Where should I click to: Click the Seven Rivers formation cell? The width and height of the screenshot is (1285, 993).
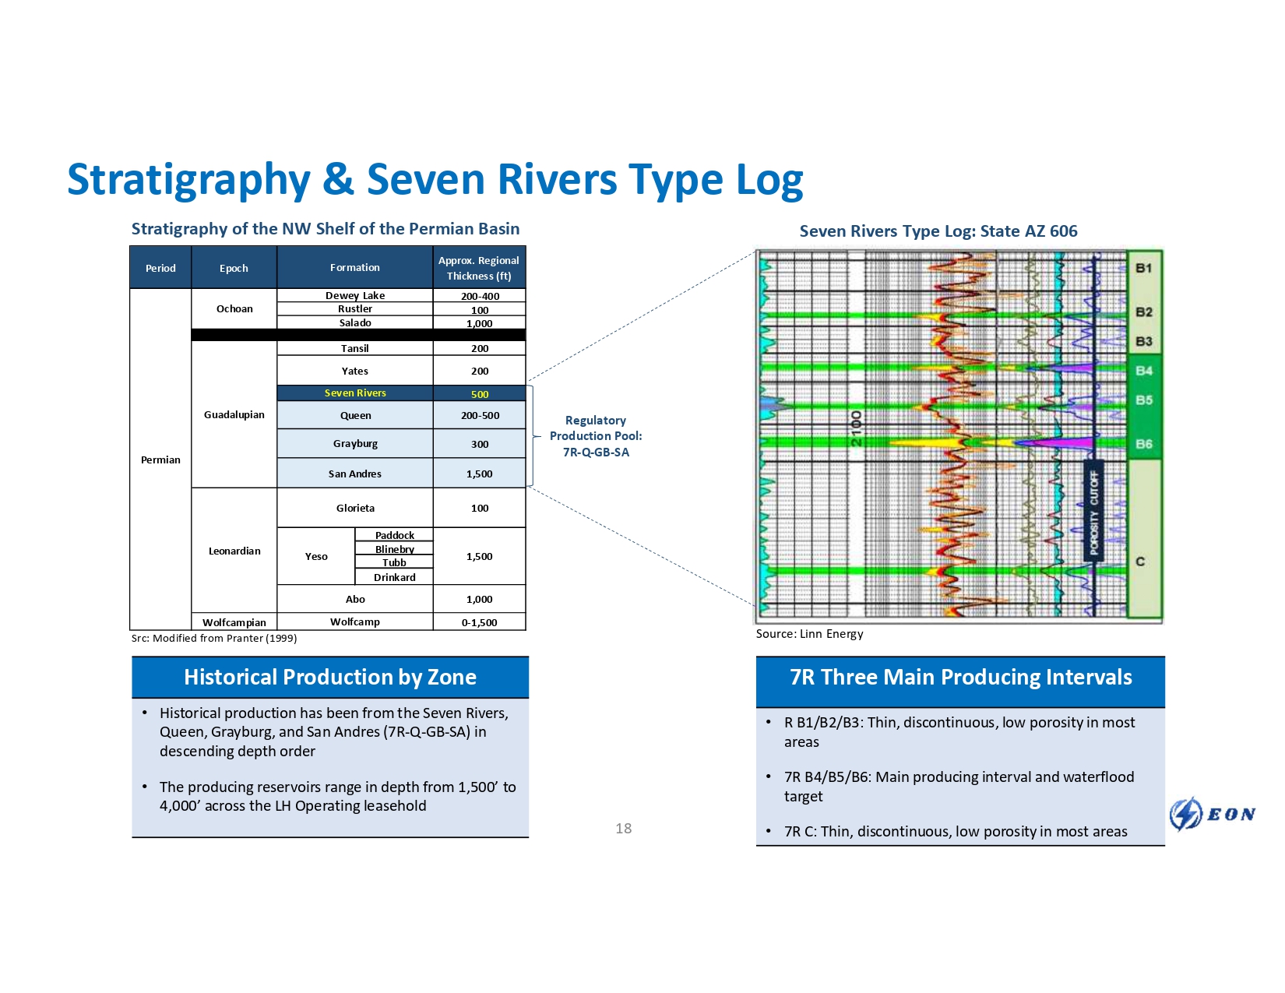(x=355, y=393)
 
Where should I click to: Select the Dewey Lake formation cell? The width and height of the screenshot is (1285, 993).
(x=355, y=296)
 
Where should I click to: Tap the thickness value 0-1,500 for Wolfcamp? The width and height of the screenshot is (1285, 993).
(x=479, y=622)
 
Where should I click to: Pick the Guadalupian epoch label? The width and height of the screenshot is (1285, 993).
(x=234, y=414)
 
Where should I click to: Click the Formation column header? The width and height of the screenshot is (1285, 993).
(x=354, y=268)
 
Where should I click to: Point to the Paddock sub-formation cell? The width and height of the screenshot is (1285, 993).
(x=394, y=535)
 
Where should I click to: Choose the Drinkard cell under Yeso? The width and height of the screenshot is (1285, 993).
(x=394, y=577)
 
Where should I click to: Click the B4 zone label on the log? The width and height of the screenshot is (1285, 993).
(x=1143, y=371)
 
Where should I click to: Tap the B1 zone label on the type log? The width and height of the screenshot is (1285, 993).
(x=1143, y=268)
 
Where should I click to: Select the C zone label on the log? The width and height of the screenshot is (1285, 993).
(x=1140, y=562)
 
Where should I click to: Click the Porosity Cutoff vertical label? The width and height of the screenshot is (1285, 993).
(x=1094, y=512)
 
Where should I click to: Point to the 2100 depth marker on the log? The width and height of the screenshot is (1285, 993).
(x=856, y=428)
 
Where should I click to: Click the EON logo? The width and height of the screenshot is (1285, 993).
(x=1213, y=814)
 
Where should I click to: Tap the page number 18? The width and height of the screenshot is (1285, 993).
(x=623, y=829)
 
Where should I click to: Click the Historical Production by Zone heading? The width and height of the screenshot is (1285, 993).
(x=330, y=678)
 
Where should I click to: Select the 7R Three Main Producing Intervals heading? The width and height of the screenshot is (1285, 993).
(x=960, y=678)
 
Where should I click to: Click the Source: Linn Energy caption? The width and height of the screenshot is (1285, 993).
(x=809, y=634)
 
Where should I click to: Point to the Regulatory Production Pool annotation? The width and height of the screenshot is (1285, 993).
(x=596, y=436)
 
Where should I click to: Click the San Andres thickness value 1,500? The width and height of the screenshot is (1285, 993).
(x=479, y=474)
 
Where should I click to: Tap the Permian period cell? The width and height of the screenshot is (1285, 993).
(x=160, y=460)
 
